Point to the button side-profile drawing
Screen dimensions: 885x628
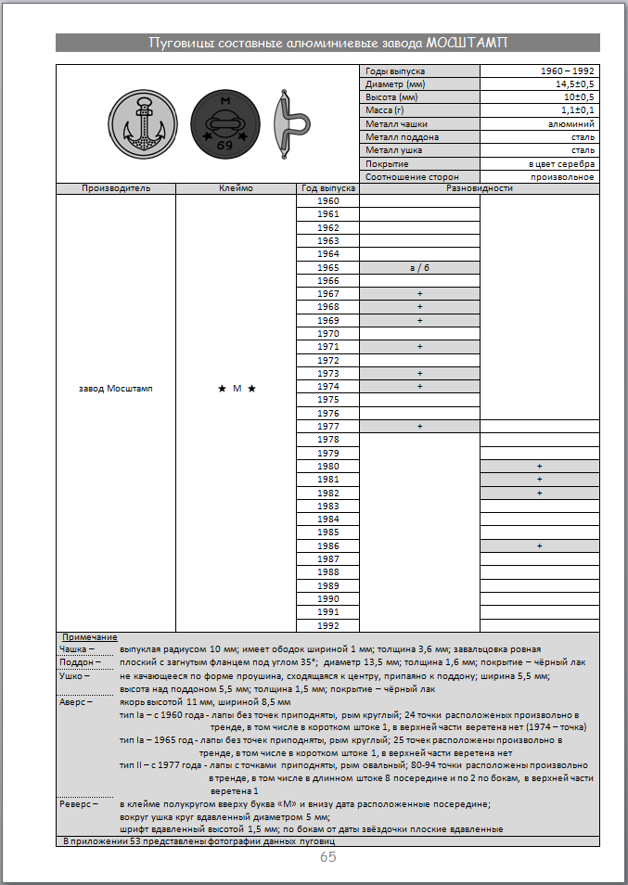point(291,122)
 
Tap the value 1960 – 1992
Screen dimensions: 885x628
point(567,71)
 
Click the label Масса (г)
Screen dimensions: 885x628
point(385,110)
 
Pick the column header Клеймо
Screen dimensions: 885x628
point(236,188)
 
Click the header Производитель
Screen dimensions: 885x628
point(116,188)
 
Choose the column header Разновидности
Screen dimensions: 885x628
point(479,188)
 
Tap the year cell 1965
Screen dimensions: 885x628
point(327,267)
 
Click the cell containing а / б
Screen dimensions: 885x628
point(419,267)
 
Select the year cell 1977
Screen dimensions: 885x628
point(327,426)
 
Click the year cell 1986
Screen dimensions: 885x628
point(327,546)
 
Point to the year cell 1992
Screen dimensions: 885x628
point(327,625)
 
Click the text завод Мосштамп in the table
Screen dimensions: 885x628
point(116,389)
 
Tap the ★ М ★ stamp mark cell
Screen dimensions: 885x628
point(236,389)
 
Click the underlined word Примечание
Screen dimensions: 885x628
point(89,637)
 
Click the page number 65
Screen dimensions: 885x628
point(327,857)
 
